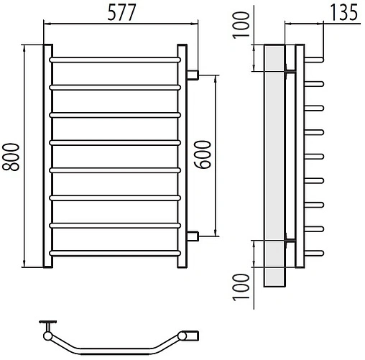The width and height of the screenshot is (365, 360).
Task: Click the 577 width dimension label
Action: [121, 13]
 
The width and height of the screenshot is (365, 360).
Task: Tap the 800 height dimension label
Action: [11, 157]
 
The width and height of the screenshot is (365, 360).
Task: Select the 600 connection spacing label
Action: [203, 154]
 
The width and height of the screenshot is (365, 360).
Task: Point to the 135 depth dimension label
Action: [343, 12]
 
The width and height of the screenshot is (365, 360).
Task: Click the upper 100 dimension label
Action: [241, 25]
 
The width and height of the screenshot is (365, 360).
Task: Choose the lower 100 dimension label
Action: [241, 287]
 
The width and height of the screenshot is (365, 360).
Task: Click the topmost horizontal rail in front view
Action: [115, 60]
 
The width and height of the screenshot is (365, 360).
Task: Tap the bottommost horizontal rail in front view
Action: [115, 253]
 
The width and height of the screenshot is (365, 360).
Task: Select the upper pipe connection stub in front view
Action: [193, 75]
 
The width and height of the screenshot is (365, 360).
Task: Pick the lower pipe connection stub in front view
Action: [193, 236]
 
